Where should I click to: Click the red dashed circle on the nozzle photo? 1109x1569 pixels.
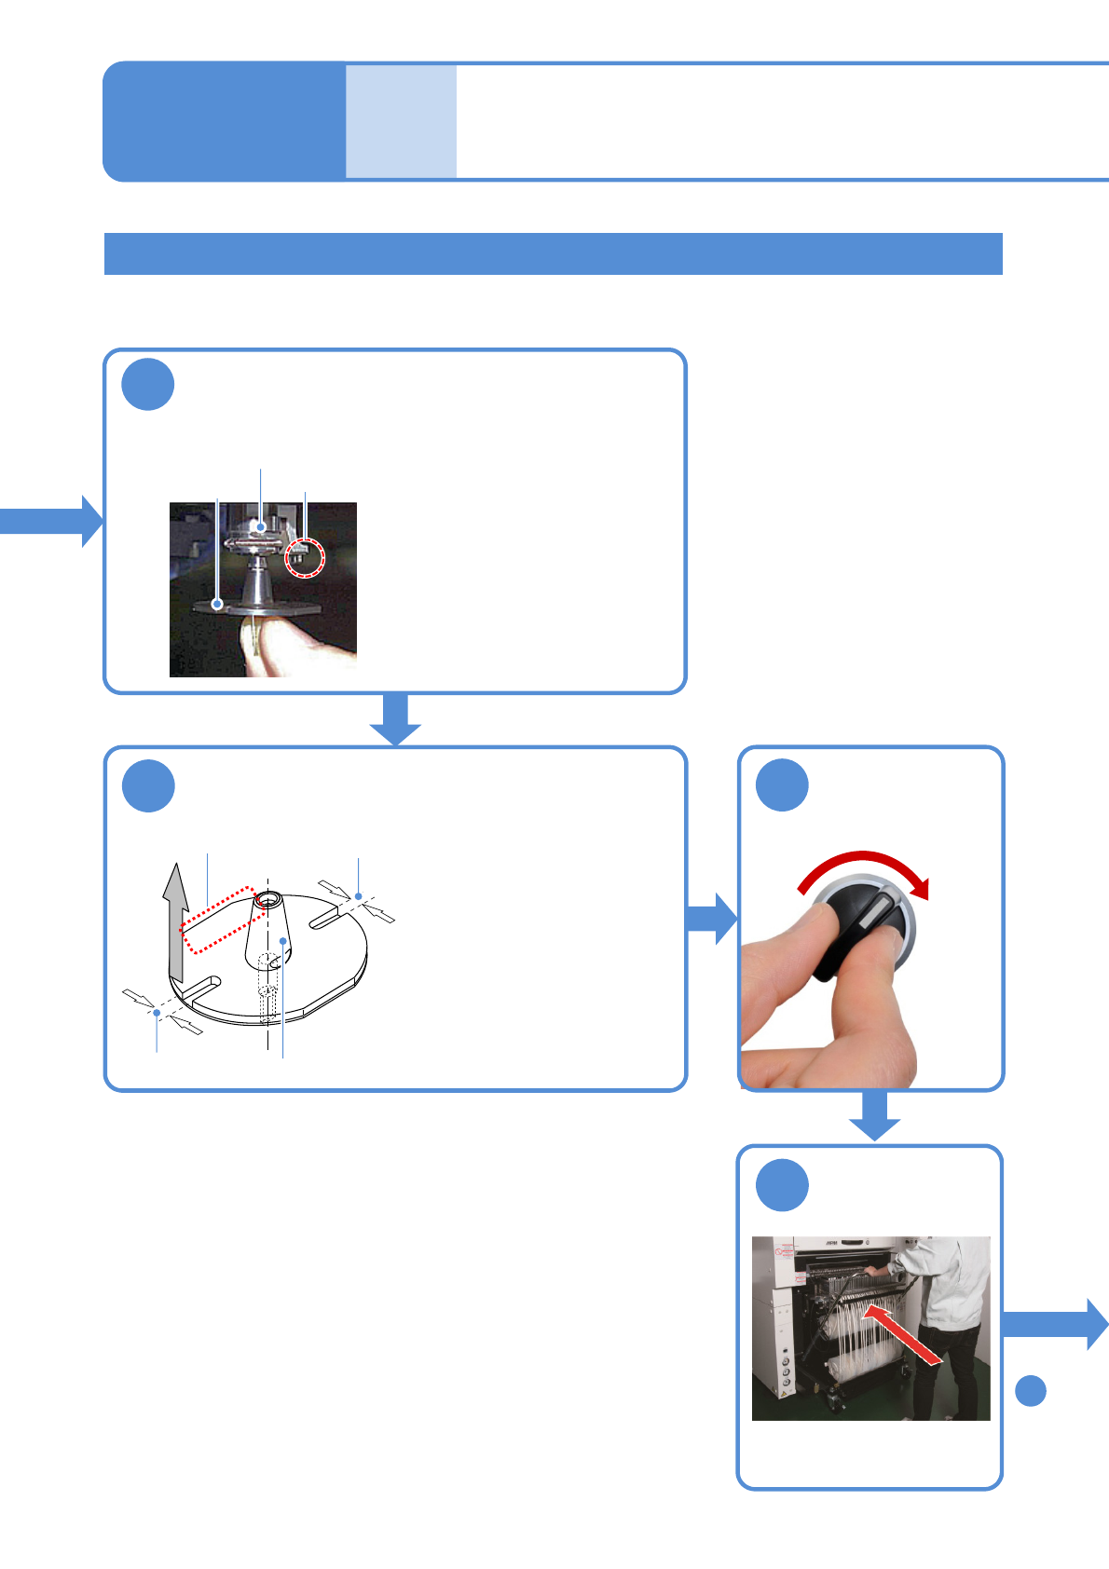point(305,557)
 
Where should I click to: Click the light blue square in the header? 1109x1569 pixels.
point(401,121)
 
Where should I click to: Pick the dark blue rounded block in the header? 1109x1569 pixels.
point(224,121)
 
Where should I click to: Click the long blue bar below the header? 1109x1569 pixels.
point(553,253)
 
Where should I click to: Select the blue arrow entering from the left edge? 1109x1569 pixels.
point(51,521)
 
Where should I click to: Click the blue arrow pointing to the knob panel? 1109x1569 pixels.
point(712,919)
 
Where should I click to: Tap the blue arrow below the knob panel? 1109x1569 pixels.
point(874,1116)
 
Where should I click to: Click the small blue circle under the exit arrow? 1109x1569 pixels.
point(1030,1390)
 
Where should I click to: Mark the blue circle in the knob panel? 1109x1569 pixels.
point(782,785)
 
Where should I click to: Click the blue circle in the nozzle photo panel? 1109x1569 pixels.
point(148,384)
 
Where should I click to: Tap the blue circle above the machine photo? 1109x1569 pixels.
point(782,1185)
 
